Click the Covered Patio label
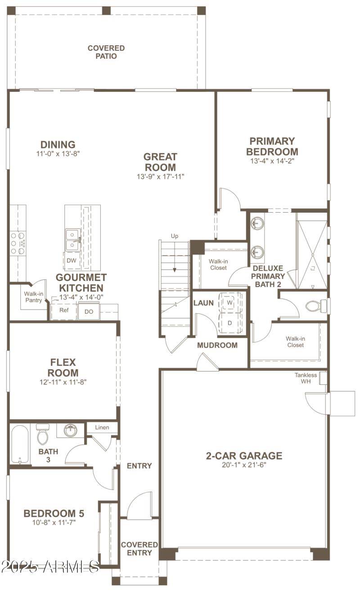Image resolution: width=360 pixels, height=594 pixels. click(106, 52)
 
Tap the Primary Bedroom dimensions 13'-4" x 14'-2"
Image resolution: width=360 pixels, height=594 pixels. click(272, 161)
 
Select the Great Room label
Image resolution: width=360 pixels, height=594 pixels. click(160, 162)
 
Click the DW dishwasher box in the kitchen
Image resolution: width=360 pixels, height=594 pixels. click(71, 260)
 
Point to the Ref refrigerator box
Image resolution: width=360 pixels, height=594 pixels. click(63, 310)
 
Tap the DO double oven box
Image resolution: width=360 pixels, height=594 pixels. click(89, 311)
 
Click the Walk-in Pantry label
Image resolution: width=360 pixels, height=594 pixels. click(33, 297)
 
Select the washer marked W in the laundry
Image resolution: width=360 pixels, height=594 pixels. click(229, 303)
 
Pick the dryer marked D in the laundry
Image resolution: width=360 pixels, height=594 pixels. click(229, 323)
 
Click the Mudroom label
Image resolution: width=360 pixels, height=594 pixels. click(217, 345)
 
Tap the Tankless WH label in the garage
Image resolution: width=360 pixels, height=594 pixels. click(306, 378)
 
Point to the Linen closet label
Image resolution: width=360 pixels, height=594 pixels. click(102, 427)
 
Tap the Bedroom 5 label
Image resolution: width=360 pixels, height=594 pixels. click(54, 514)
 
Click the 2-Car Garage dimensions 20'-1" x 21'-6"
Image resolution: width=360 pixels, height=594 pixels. click(244, 465)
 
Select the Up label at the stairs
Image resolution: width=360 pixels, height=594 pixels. click(175, 236)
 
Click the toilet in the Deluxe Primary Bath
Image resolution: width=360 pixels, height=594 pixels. click(314, 306)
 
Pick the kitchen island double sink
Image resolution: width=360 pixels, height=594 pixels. click(72, 239)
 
